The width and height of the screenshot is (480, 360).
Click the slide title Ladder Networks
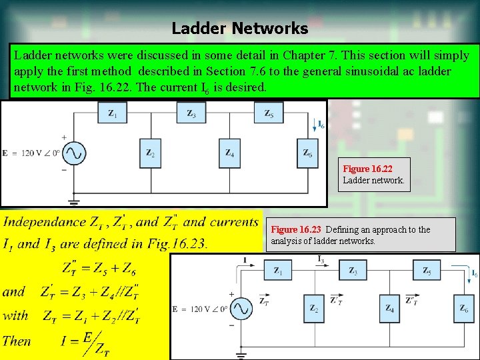pos(240,29)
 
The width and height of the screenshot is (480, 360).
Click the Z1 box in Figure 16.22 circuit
pos(113,113)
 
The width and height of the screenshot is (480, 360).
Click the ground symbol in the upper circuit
pos(73,199)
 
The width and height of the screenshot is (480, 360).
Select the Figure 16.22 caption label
pos(366,169)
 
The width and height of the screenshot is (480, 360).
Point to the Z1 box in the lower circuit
pos(279,270)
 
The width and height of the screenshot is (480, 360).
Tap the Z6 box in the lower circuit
pos(464,308)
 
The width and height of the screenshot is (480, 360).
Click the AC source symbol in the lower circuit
pos(241,309)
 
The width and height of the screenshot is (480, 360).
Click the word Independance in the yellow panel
pos(45,223)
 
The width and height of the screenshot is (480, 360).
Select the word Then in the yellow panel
pos(17,341)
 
